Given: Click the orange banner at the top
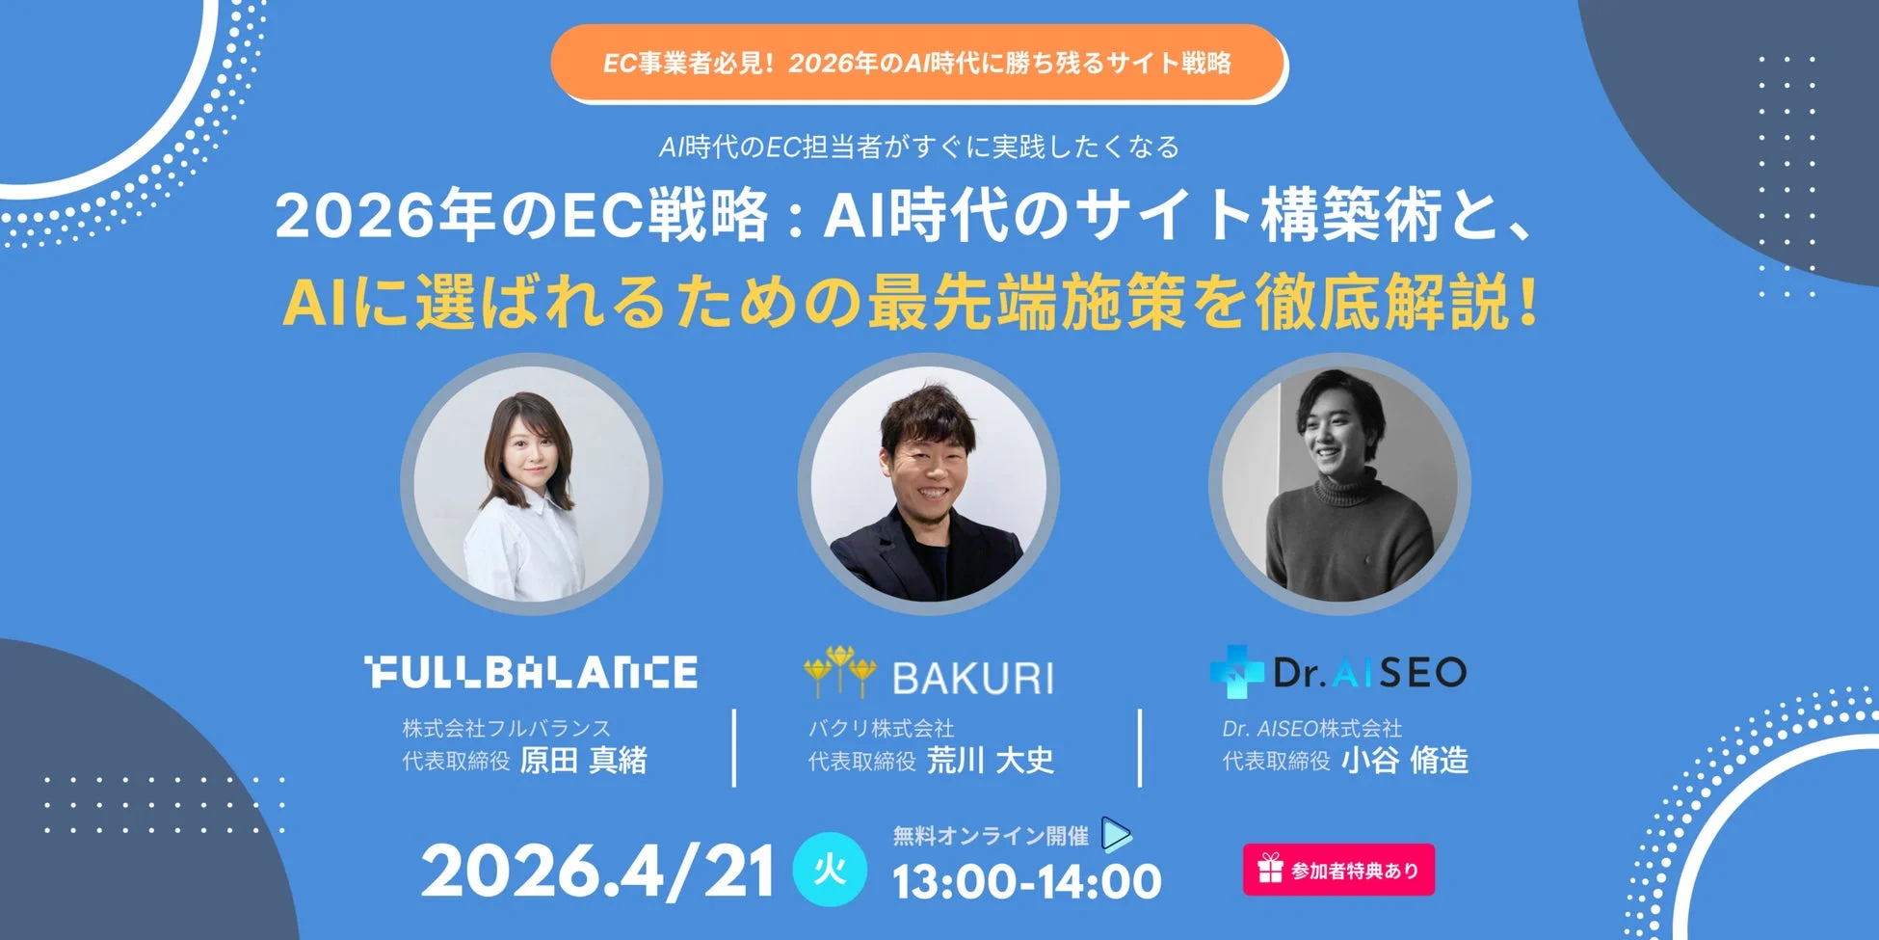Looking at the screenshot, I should [918, 64].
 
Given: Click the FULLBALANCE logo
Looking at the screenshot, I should [531, 673].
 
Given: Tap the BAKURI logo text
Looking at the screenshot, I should [972, 679].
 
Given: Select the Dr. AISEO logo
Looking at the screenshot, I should [1368, 673].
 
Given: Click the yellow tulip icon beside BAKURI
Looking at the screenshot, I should [839, 670].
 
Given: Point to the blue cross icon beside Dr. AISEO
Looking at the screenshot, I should [1236, 672].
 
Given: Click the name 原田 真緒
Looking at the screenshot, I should [583, 761].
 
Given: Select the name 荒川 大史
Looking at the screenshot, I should [990, 761].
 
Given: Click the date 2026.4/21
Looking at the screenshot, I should [597, 873].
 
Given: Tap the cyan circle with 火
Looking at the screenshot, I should [830, 870].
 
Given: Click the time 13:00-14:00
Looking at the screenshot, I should [1026, 882].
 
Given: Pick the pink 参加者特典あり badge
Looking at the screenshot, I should [1338, 870].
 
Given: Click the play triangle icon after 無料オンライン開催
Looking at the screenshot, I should [1116, 835].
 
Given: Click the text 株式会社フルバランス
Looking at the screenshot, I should [506, 728].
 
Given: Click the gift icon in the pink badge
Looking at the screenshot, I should [1270, 870].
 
